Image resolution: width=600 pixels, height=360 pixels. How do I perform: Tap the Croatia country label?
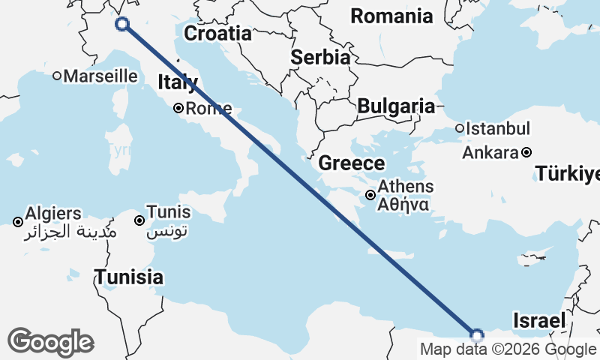pyautogui.click(x=217, y=34)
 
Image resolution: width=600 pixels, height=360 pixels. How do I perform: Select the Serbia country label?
pyautogui.click(x=320, y=57)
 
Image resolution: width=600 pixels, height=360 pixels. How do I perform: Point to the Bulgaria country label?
pyautogui.click(x=396, y=106)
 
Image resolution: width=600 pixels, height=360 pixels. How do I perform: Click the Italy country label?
pyautogui.click(x=177, y=82)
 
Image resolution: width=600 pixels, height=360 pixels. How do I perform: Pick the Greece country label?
pyautogui.click(x=351, y=163)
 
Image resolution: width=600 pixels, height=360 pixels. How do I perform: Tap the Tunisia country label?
pyautogui.click(x=128, y=277)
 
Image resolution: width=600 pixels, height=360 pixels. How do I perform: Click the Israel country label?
pyautogui.click(x=538, y=321)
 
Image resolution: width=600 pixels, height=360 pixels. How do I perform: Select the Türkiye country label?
pyautogui.click(x=568, y=175)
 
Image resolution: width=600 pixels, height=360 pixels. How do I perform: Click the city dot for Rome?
pyautogui.click(x=178, y=108)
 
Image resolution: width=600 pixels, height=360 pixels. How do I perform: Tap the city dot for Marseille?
pyautogui.click(x=57, y=76)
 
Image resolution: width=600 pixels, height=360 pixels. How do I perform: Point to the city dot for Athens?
pyautogui.click(x=370, y=195)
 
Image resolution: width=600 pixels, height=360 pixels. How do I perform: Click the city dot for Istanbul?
pyautogui.click(x=460, y=128)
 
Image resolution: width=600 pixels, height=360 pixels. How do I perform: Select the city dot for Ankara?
pyautogui.click(x=526, y=152)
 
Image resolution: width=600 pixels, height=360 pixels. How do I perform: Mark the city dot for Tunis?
pyautogui.click(x=139, y=220)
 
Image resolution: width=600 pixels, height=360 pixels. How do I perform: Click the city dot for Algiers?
pyautogui.click(x=18, y=221)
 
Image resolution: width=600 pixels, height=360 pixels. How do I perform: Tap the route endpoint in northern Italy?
pyautogui.click(x=122, y=24)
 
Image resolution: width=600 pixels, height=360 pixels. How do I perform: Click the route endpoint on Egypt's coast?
pyautogui.click(x=476, y=334)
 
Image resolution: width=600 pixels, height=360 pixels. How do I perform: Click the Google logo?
pyautogui.click(x=50, y=342)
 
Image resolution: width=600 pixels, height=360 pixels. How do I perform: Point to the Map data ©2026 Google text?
pyautogui.click(x=508, y=349)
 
